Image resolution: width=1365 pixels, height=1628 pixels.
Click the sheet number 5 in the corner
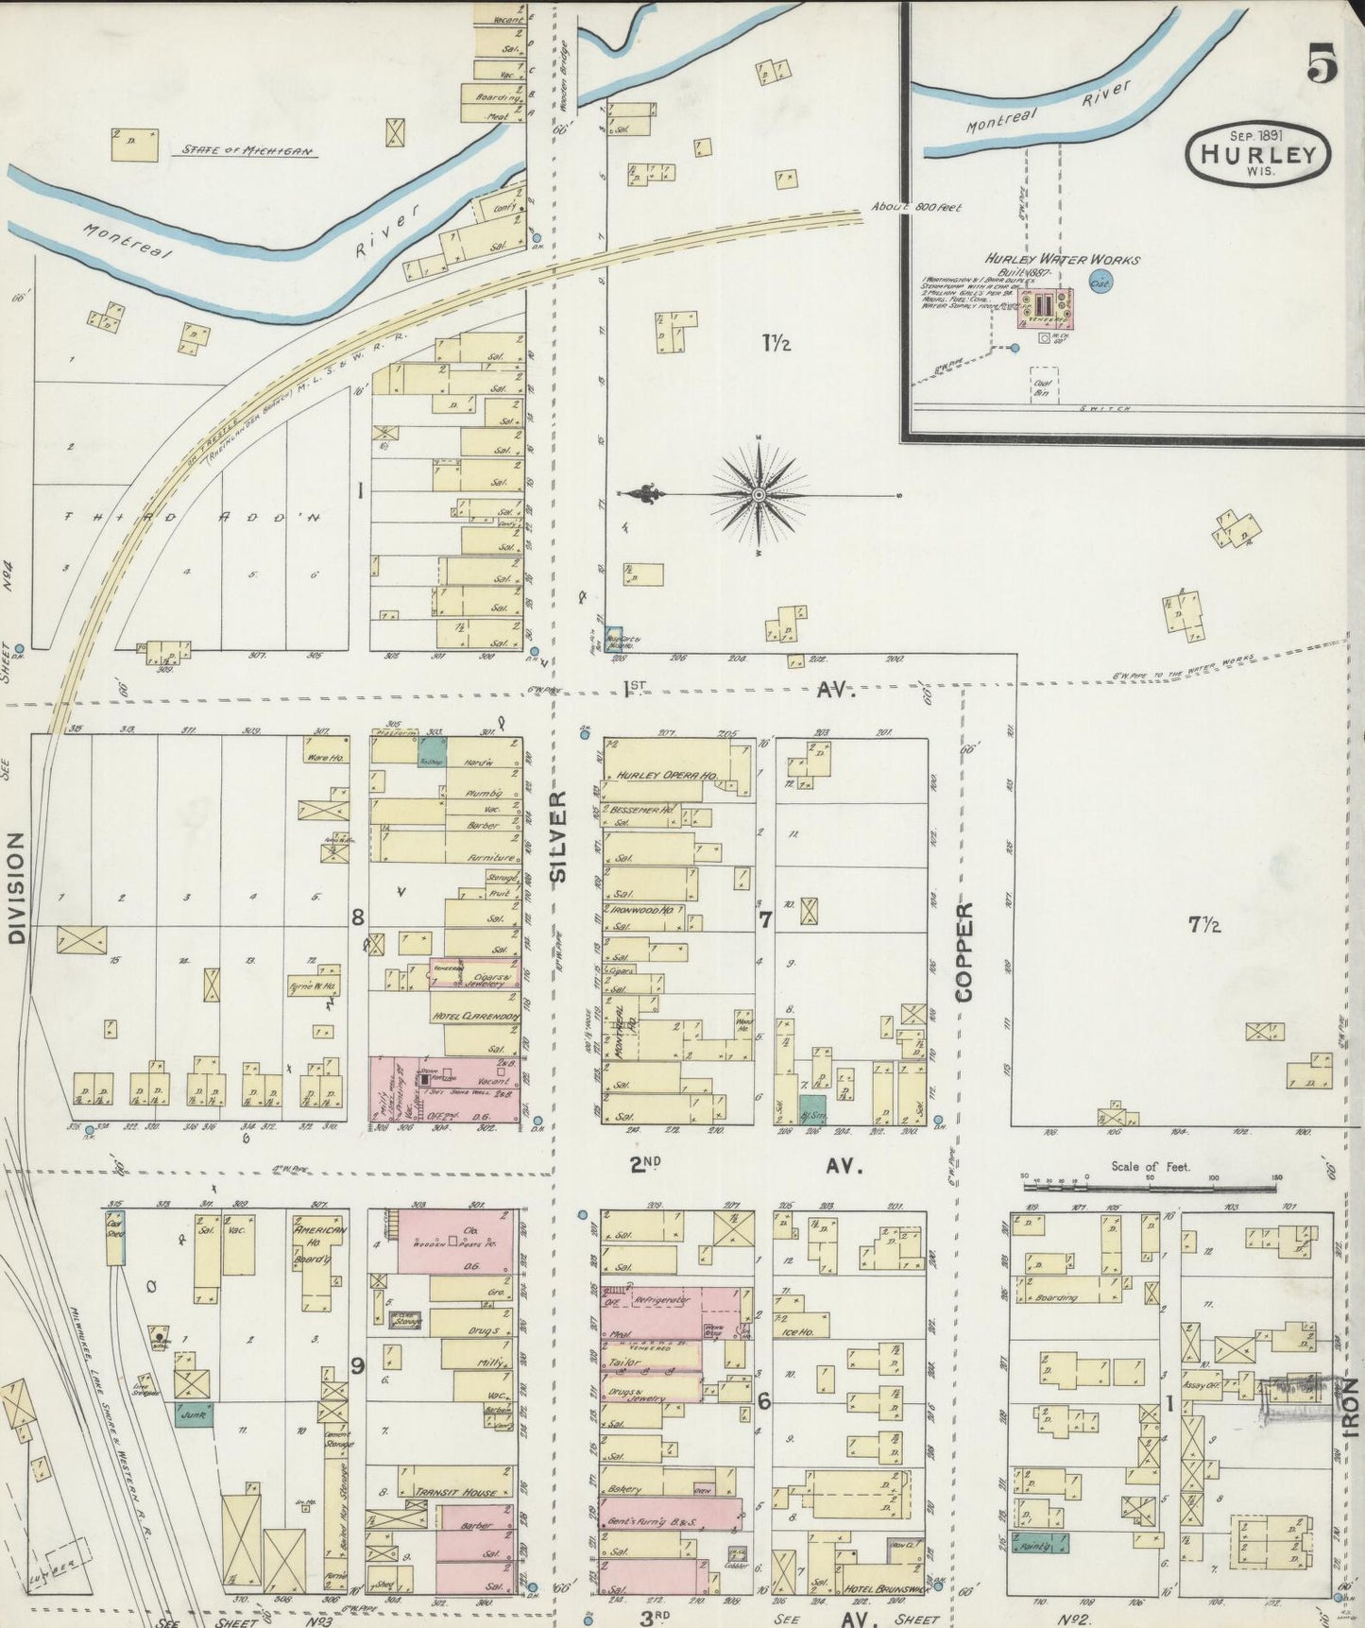1323,65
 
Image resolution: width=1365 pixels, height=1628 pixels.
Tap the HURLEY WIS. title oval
1258,153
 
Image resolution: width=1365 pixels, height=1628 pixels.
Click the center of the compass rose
759,494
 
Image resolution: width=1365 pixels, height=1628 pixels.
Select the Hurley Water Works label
1062,259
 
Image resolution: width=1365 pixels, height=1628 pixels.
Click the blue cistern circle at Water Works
1101,282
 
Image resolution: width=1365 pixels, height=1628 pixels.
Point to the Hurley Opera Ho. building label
668,776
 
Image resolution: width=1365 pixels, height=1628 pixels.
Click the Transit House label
456,1493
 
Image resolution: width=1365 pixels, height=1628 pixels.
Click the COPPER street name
964,951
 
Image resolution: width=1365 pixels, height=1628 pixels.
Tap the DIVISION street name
16,888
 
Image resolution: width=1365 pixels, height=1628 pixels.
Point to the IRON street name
1350,1410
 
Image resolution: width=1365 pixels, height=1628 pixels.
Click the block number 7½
1204,926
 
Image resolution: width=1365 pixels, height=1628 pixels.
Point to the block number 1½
776,343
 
